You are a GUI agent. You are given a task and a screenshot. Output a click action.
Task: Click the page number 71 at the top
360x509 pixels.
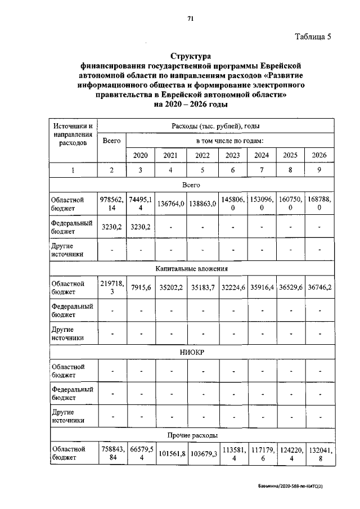tap(191, 19)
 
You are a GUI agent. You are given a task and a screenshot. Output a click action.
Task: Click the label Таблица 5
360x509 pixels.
tap(314, 37)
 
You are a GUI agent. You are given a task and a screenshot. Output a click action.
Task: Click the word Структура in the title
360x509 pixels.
tap(191, 57)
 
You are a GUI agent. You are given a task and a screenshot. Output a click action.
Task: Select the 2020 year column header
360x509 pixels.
tap(141, 155)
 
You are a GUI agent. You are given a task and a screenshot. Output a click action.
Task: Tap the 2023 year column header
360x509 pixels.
tap(233, 155)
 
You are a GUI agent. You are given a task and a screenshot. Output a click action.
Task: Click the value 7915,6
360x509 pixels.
tap(141, 288)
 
